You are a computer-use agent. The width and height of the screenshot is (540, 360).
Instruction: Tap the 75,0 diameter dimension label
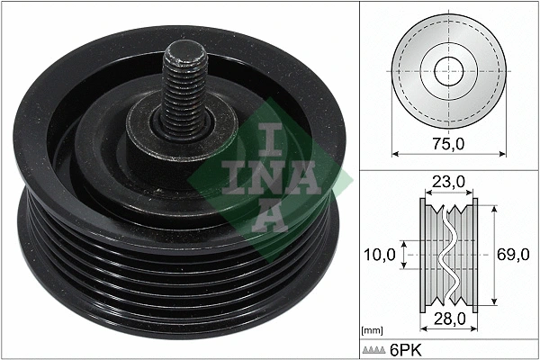(x=447, y=141)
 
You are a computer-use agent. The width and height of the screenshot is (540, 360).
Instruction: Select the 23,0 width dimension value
(x=447, y=182)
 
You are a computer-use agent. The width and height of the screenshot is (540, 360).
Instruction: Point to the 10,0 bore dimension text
(x=381, y=256)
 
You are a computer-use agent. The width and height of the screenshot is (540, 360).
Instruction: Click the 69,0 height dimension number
(x=513, y=256)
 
